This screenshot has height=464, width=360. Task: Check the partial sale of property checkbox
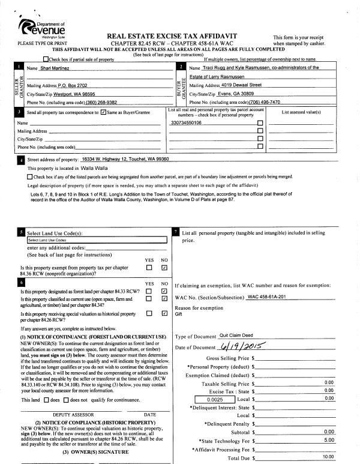(x=47, y=59)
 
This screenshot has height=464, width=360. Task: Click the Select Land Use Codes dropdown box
(x=97, y=240)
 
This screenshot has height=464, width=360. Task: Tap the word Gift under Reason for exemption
(x=178, y=314)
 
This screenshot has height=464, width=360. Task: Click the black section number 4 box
(x=22, y=160)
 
